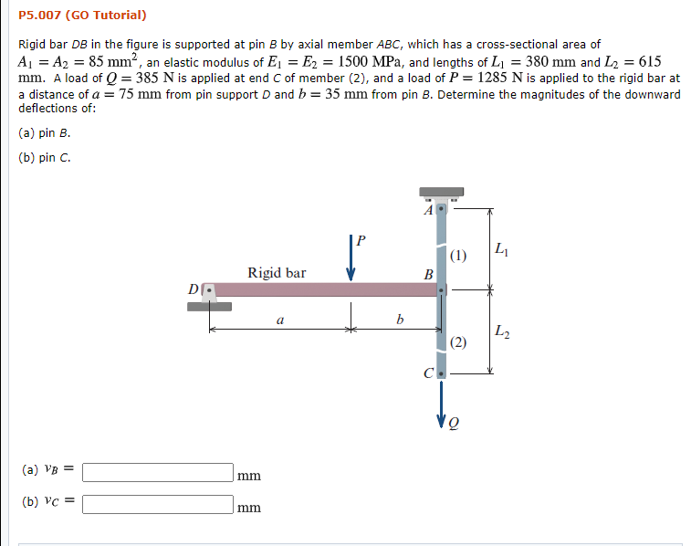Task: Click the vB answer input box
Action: click(x=158, y=472)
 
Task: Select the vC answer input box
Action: click(x=158, y=503)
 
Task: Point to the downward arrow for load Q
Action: click(x=442, y=403)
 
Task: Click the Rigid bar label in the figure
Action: click(x=277, y=272)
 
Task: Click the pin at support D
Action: click(x=210, y=290)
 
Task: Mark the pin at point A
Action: click(x=442, y=209)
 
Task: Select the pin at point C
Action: click(x=442, y=373)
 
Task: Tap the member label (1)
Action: click(x=458, y=255)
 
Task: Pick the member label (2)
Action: click(x=458, y=342)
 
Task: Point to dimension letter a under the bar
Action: click(x=279, y=320)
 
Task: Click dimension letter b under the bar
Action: click(x=397, y=320)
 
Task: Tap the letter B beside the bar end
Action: click(x=427, y=273)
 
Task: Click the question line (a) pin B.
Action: click(x=45, y=132)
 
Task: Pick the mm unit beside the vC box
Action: click(x=248, y=507)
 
